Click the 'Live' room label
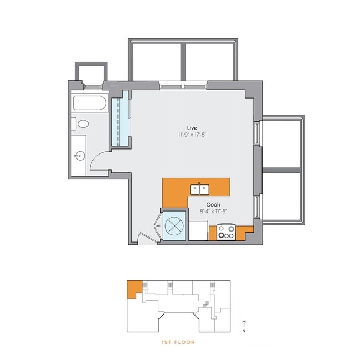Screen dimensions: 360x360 (192, 128)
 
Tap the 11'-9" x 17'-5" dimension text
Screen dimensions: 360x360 (192, 135)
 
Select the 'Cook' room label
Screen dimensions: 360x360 (213, 204)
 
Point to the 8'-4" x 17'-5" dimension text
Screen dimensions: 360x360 (213, 211)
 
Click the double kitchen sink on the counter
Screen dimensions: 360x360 (200, 189)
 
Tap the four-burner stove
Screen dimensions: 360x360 (225, 232)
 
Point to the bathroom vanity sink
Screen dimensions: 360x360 (79, 156)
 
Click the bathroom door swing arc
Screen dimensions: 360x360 (97, 161)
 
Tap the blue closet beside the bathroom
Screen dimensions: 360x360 (120, 121)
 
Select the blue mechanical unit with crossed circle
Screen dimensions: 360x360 (175, 226)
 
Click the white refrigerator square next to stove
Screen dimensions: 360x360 (198, 229)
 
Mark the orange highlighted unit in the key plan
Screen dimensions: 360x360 (133, 289)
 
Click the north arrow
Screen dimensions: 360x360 (243, 323)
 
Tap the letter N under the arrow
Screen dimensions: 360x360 (243, 331)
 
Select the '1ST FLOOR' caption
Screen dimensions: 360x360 (178, 343)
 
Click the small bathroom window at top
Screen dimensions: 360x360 (93, 85)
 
